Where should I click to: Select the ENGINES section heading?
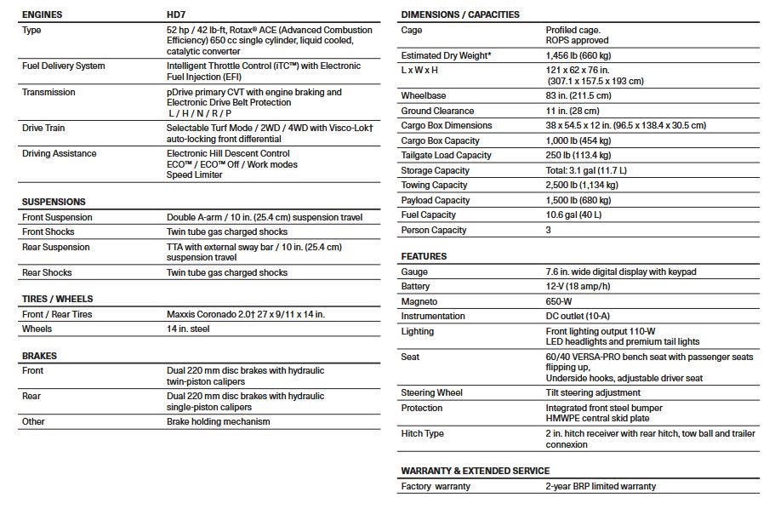[x=42, y=14]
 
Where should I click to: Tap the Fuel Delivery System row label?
[x=64, y=66]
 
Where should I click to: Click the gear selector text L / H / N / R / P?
[x=200, y=113]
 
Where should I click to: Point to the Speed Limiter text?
[x=195, y=174]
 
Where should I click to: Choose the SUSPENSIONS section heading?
[x=54, y=202]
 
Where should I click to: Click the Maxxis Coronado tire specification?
[x=246, y=314]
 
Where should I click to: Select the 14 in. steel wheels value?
[x=189, y=329]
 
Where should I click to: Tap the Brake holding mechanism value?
[x=219, y=421]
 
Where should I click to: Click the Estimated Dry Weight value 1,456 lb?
[x=578, y=55]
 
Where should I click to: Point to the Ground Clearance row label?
[x=438, y=111]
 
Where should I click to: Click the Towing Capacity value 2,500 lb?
[x=582, y=185]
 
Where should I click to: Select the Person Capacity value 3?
[x=549, y=230]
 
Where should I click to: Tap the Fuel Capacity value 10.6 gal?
[x=573, y=214]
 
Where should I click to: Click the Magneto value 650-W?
[x=560, y=301]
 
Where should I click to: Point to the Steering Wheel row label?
[x=432, y=392]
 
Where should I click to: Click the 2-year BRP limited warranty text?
[x=601, y=486]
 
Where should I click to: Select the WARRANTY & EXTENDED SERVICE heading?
[x=476, y=471]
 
